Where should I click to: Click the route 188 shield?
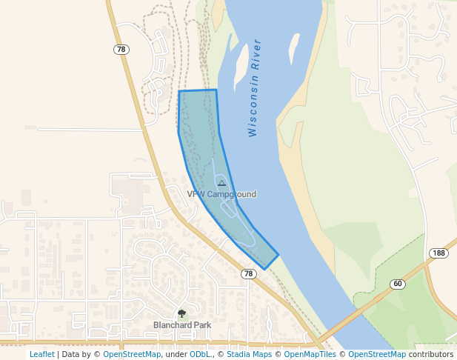pos(439,253)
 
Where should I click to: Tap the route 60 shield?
pos(398,284)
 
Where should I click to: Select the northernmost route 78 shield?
pos(121,50)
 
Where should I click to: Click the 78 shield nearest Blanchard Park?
pos(249,274)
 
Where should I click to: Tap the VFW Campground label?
pos(221,194)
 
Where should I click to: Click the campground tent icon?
pos(221,182)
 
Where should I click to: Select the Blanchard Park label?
pos(182,324)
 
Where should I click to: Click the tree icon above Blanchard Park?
pos(182,313)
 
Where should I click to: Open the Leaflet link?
pos(41,354)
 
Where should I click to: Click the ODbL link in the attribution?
pos(199,354)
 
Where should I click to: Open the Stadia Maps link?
pos(249,354)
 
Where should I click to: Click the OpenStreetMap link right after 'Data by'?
pos(132,354)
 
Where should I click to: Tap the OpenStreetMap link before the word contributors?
pos(377,354)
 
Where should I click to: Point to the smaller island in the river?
pos(294,48)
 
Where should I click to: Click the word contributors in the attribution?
pos(431,354)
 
